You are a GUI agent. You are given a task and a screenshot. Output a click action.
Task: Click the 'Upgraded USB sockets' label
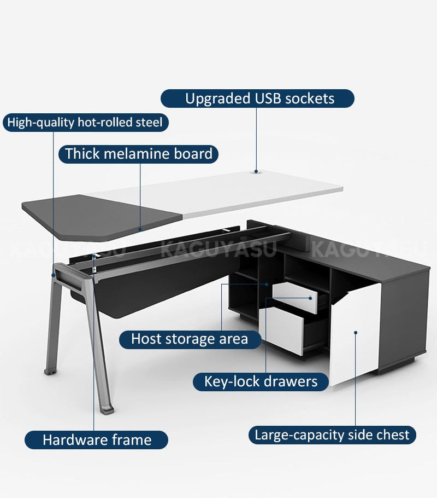(x=257, y=99)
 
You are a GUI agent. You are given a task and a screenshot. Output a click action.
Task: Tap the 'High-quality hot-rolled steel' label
(x=85, y=122)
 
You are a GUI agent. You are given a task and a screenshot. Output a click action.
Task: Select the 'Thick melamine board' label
(x=139, y=154)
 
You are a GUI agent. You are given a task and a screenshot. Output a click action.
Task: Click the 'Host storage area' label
(x=190, y=339)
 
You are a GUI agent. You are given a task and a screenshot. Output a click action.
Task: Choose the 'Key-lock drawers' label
(x=261, y=381)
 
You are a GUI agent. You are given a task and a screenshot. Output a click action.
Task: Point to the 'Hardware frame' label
(x=96, y=440)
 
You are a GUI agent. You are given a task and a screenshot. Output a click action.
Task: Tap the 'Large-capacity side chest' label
(x=332, y=435)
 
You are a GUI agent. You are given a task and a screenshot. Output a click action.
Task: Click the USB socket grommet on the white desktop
(x=256, y=171)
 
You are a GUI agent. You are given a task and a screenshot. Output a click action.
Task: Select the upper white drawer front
(x=294, y=297)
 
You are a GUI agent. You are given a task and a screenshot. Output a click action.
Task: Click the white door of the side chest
(x=355, y=335)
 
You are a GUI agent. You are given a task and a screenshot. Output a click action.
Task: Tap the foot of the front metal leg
(x=107, y=410)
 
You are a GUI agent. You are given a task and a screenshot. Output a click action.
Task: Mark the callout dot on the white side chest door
(x=356, y=333)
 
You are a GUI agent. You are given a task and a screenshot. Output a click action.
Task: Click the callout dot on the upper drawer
(x=310, y=298)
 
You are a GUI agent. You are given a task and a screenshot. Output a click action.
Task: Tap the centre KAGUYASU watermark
(x=218, y=249)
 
